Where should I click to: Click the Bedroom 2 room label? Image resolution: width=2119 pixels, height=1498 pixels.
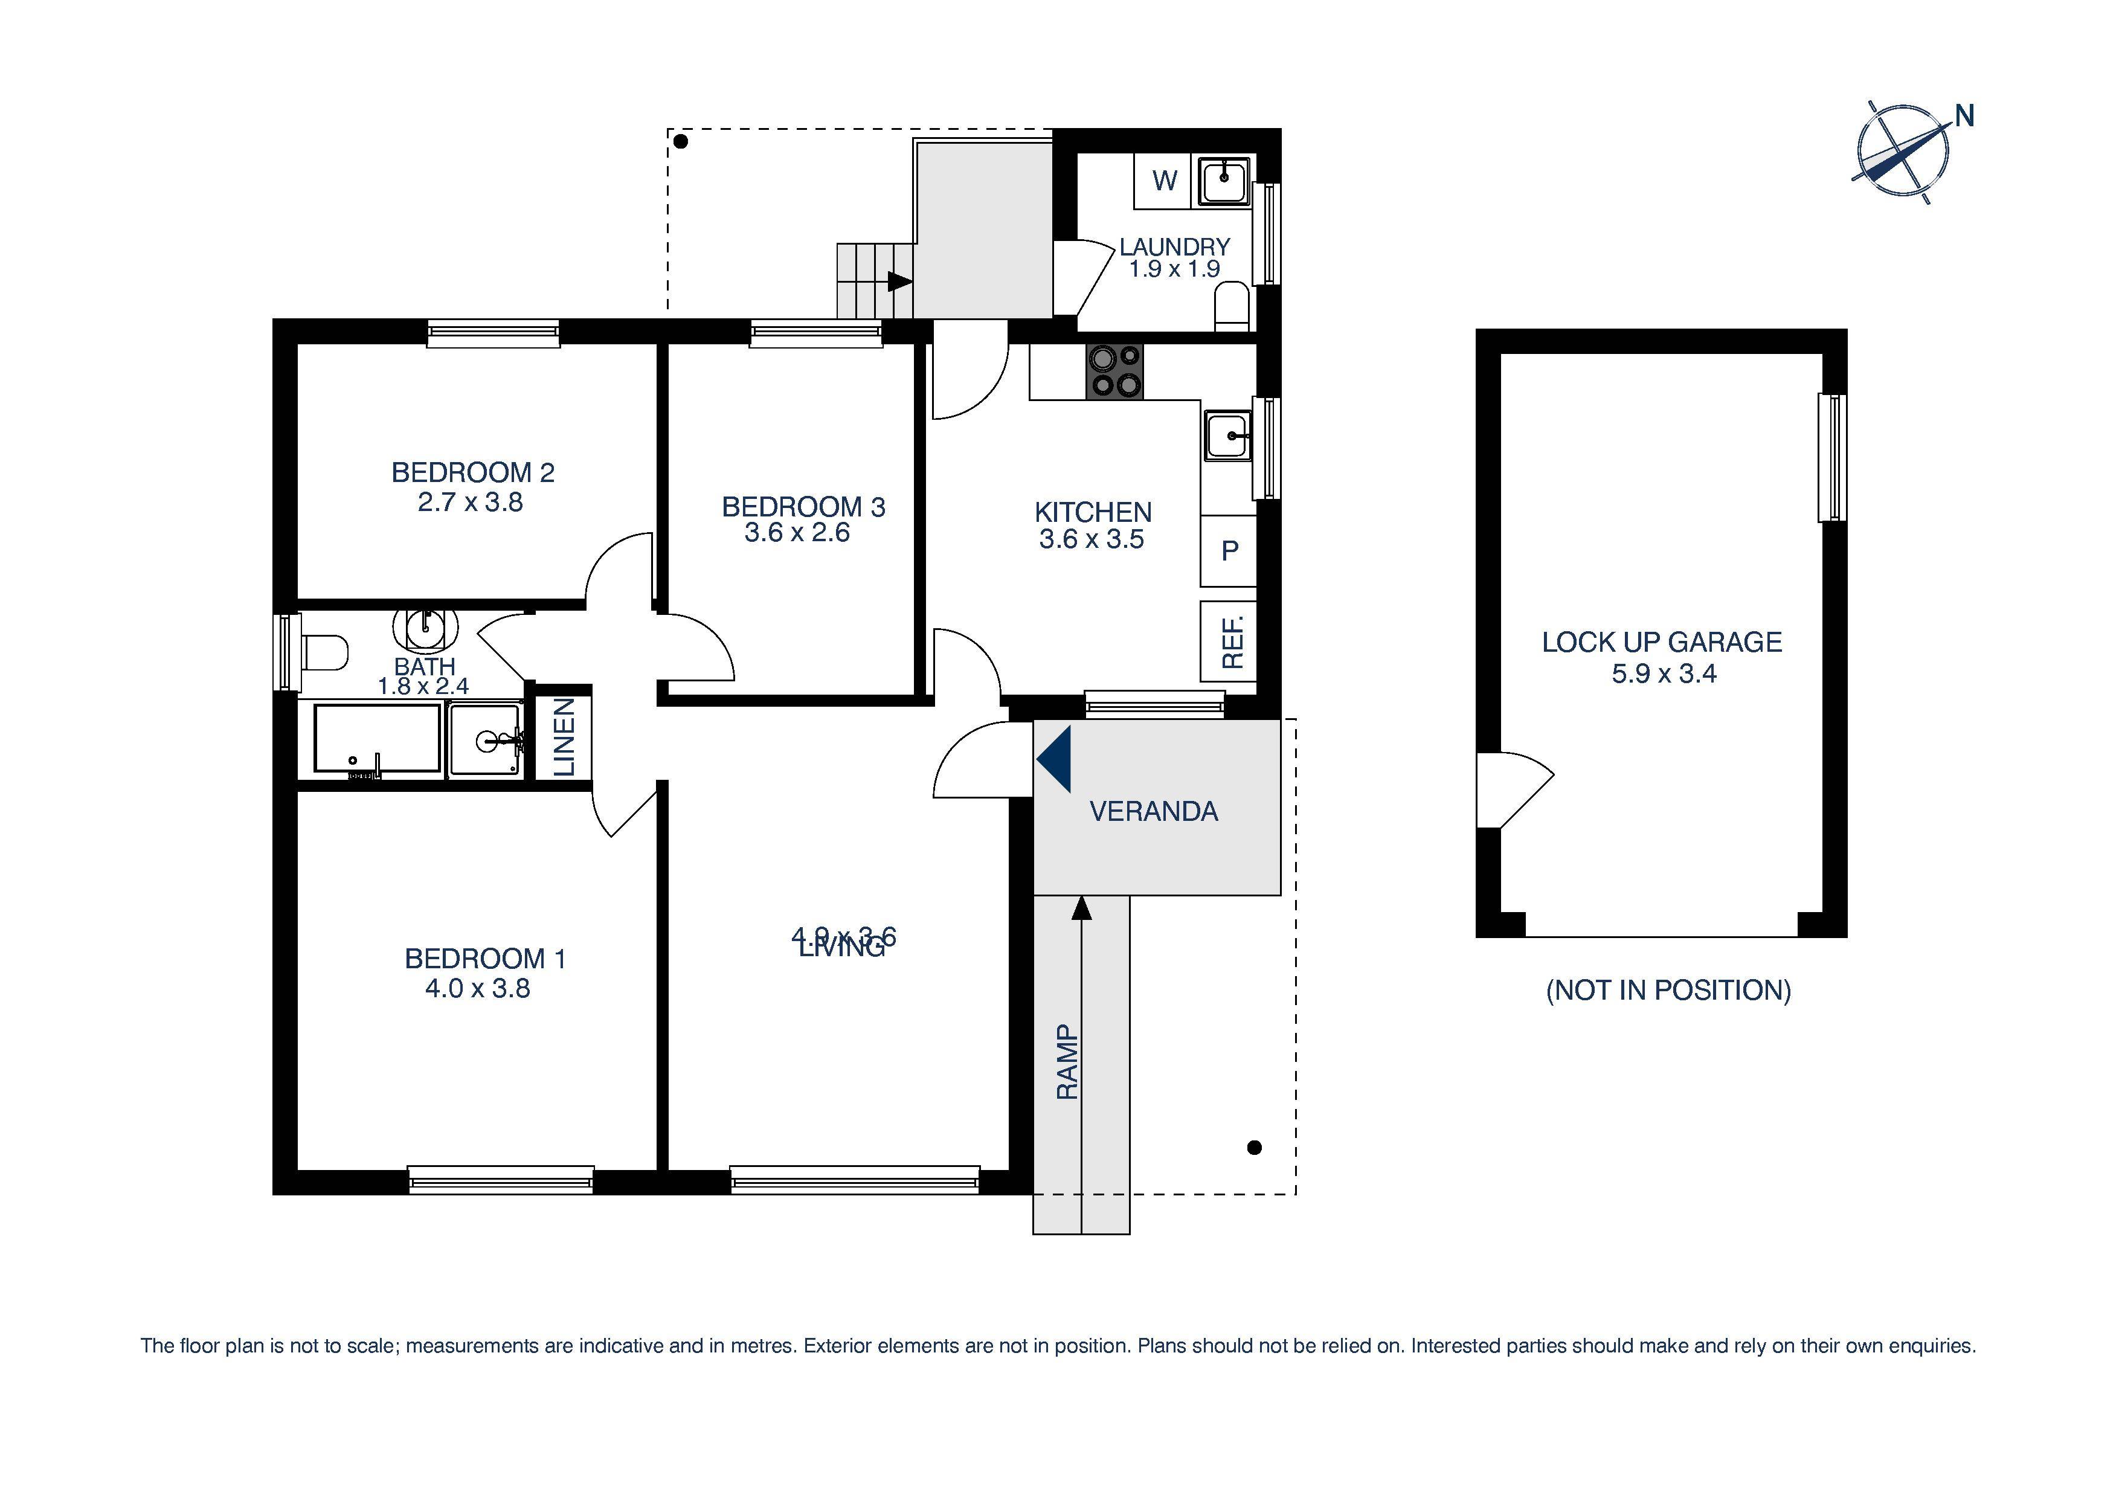(x=472, y=472)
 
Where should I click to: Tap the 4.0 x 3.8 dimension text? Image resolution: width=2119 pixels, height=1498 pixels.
(x=477, y=989)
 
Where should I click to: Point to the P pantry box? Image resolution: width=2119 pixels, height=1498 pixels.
(x=1229, y=551)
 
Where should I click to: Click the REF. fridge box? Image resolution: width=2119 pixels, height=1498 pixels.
(x=1230, y=640)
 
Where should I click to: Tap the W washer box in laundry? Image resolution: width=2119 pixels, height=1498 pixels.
(x=1164, y=181)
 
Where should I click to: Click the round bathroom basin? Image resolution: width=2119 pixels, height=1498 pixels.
(x=425, y=627)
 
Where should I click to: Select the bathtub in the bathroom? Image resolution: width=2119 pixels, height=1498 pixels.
(x=378, y=738)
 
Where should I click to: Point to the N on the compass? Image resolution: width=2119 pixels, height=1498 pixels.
(x=1964, y=117)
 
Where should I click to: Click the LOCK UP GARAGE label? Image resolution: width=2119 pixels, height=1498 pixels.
(x=1661, y=643)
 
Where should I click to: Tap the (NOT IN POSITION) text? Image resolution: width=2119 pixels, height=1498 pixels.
(x=1668, y=991)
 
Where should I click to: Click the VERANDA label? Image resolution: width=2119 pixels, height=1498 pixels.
(x=1154, y=811)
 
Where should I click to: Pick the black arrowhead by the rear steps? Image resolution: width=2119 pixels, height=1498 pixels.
(x=899, y=281)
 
